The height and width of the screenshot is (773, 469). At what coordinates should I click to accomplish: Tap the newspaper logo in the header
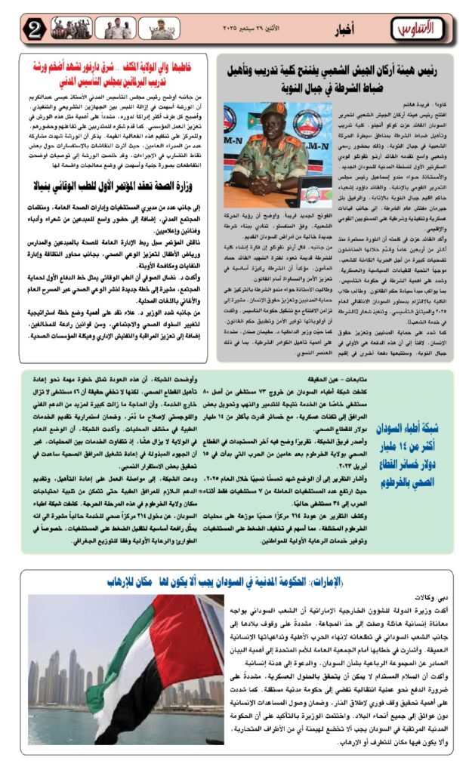point(415,29)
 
